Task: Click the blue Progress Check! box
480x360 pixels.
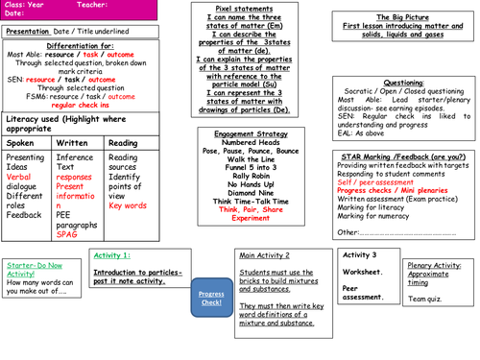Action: coord(210,299)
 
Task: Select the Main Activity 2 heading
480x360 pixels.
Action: coord(265,255)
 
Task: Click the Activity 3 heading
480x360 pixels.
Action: coord(360,254)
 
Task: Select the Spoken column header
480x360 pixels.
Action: coord(21,142)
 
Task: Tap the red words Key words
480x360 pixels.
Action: coord(128,204)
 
